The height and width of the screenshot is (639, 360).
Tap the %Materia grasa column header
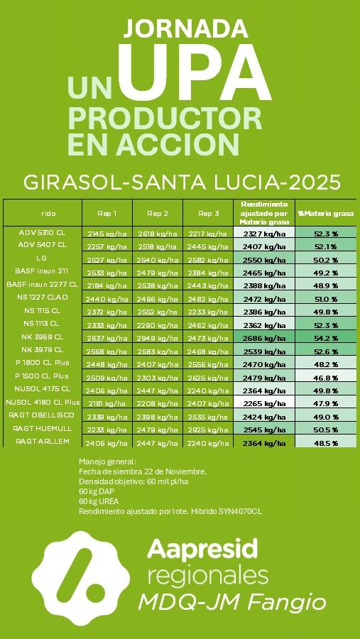326,212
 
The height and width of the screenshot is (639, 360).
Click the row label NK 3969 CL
43,337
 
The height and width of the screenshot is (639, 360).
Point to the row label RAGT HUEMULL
42,428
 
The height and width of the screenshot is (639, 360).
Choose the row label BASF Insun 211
42,271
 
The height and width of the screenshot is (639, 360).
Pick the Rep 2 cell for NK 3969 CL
158,338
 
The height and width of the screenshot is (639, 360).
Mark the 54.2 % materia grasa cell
326,338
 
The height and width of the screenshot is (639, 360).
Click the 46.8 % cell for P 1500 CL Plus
326,378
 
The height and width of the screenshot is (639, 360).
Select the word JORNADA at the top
180,28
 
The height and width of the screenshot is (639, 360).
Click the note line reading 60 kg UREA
98,501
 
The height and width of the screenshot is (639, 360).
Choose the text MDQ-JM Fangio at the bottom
232,603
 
